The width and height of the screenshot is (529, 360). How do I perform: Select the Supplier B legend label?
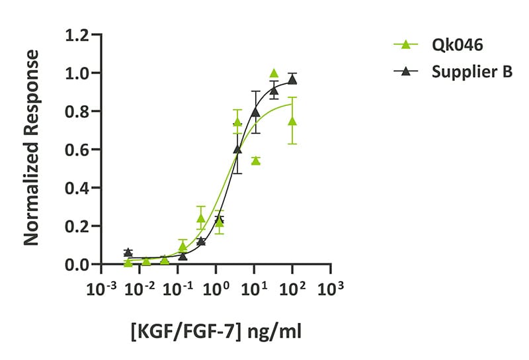tap(472, 73)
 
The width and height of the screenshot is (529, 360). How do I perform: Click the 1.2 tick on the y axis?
tap(79, 34)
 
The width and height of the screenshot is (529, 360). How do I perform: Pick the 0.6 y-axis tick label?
tap(79, 150)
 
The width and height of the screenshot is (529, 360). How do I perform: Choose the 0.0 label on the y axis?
tap(79, 265)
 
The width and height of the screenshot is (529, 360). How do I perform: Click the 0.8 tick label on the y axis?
tap(79, 111)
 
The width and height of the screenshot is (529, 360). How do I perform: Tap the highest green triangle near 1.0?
tap(274, 73)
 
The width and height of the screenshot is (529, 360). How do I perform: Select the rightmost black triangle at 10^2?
tap(292, 79)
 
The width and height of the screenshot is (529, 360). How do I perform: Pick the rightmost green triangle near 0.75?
tap(292, 121)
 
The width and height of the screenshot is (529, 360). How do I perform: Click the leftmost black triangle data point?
tap(128, 252)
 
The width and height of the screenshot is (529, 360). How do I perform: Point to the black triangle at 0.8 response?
tap(255, 112)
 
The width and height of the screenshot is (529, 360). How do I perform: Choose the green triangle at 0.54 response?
tap(255, 160)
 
